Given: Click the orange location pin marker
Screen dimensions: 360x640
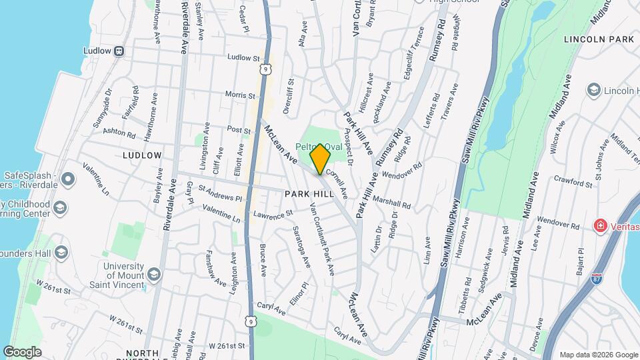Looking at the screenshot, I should (320, 159).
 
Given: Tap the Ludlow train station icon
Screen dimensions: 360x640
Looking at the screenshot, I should (119, 50).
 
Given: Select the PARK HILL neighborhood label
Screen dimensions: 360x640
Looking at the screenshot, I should (309, 193).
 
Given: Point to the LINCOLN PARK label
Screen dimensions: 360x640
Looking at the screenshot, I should (598, 39).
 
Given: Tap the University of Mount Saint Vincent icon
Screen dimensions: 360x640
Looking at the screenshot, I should (154, 274).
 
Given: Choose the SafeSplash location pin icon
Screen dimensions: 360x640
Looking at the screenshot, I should (67, 179).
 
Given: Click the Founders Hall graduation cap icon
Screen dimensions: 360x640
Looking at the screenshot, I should (62, 252).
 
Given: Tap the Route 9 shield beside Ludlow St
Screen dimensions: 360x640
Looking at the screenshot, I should (266, 68).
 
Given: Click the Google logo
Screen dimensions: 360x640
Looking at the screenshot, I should (23, 351).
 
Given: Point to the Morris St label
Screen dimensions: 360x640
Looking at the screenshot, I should (241, 95).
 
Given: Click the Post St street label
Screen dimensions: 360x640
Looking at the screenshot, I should (238, 129).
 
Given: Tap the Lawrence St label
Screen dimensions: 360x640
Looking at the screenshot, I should (273, 215).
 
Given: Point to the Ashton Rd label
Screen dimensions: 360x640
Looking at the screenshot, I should (121, 132).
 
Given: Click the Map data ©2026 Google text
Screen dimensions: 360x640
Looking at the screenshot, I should (598, 354).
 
